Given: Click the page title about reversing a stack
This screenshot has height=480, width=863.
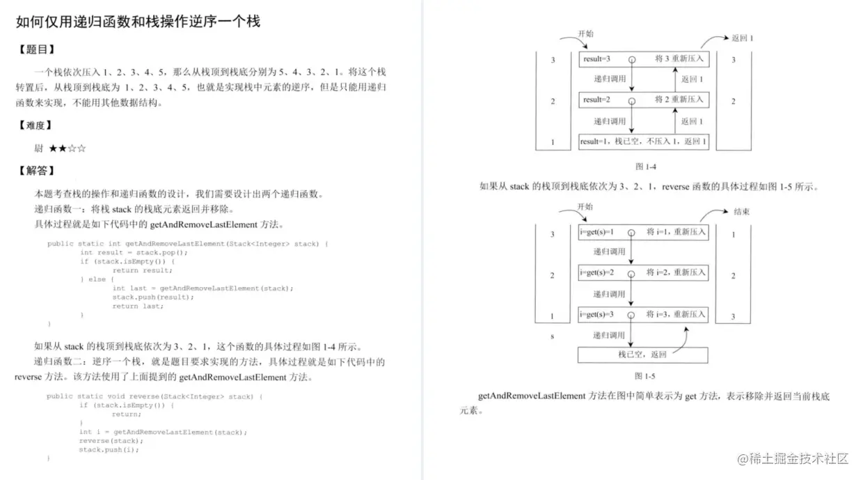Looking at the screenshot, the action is point(138,21).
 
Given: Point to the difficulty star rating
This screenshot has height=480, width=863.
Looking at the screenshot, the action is point(68,148).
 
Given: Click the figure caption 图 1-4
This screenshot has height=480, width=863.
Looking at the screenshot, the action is point(645,167).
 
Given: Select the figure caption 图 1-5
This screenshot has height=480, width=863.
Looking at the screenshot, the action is point(645,376).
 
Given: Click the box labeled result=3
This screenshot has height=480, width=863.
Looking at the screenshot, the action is point(643,60).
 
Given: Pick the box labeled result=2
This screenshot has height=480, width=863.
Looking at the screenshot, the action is point(643,100).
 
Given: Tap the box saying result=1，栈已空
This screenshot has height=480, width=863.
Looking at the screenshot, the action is point(643,141).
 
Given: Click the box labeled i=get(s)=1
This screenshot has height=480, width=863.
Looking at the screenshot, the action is point(643,232).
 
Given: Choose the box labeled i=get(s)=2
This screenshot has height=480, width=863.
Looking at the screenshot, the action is point(643,272).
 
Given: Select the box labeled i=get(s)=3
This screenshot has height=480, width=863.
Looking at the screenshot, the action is point(643,315).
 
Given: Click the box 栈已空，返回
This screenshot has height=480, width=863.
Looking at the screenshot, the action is point(643,355).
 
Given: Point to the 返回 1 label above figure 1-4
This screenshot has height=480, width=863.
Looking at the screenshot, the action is point(742,38).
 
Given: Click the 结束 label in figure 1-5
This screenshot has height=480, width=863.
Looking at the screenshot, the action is point(742,212).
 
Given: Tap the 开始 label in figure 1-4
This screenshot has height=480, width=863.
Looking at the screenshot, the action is point(585,33).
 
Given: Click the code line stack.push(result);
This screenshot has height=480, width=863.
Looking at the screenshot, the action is point(153,297).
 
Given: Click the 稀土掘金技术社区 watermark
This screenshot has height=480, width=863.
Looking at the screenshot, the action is point(793,458).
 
